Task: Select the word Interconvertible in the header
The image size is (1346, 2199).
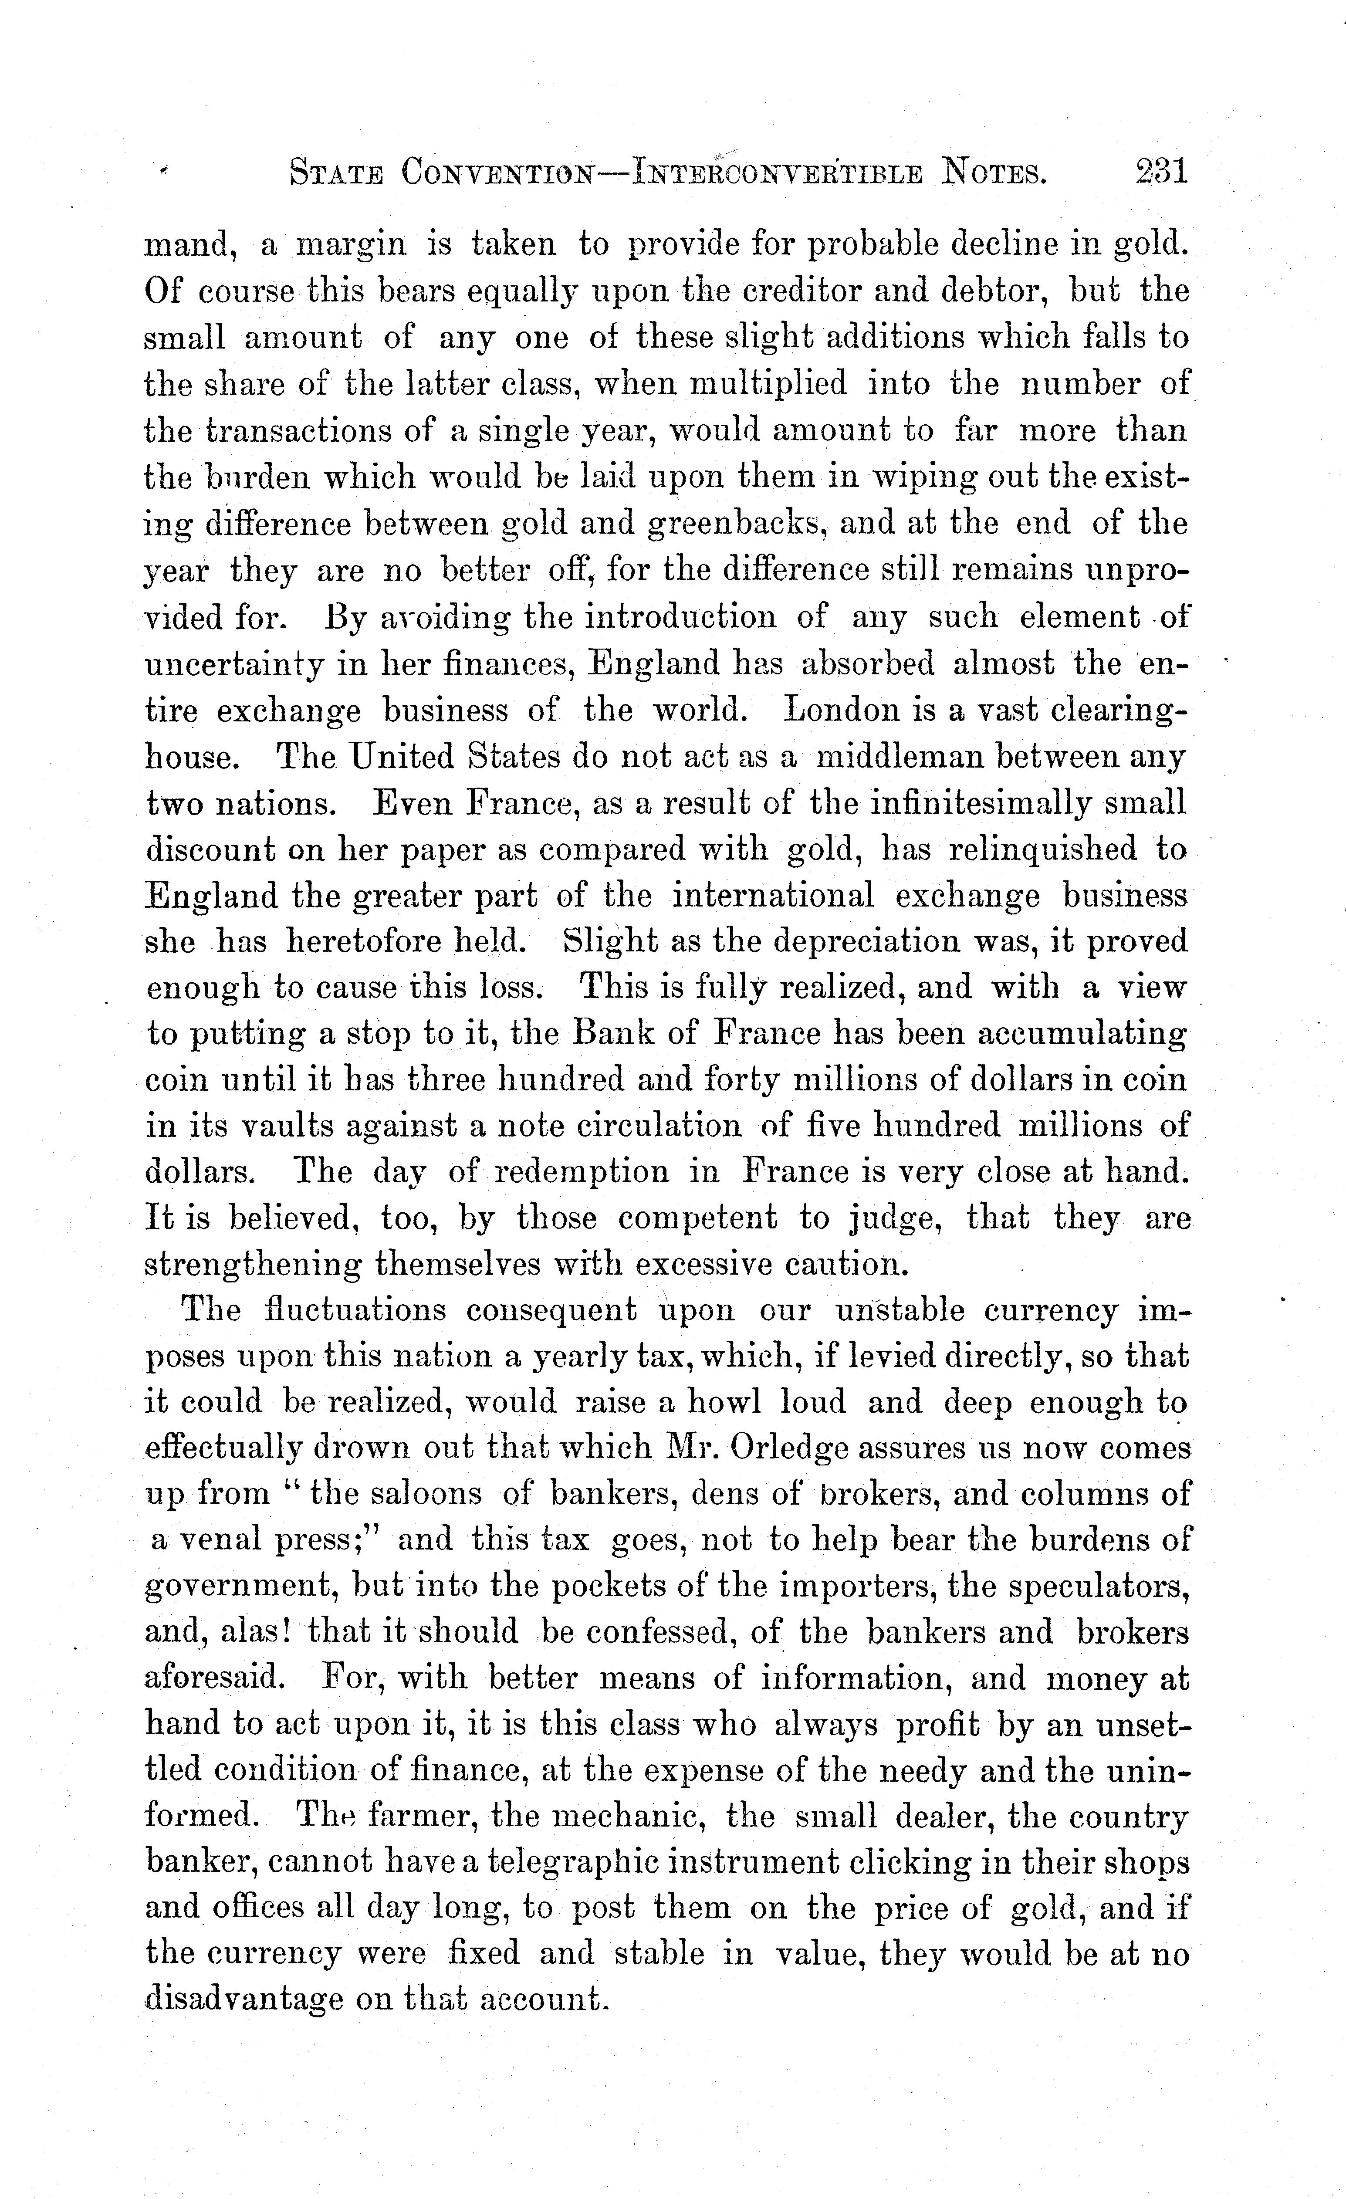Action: (777, 172)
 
